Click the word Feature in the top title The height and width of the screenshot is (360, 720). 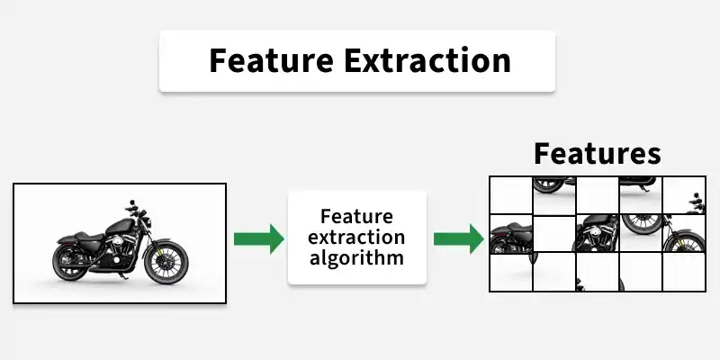click(271, 60)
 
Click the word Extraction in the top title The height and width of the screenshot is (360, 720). click(427, 60)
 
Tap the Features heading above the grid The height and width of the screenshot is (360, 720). click(598, 153)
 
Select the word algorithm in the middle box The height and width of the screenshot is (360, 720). click(356, 257)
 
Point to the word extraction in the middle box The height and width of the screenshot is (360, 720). click(356, 237)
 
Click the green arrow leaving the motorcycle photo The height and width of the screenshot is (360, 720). click(259, 238)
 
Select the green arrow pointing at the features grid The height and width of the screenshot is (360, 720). click(459, 238)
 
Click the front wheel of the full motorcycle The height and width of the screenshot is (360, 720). click(166, 261)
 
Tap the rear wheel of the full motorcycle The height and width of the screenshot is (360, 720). click(70, 262)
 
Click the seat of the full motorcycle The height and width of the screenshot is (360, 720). click(87, 237)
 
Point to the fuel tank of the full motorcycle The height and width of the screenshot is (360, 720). click(121, 226)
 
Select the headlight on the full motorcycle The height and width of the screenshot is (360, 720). click(148, 223)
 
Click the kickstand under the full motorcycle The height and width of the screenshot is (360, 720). click(122, 275)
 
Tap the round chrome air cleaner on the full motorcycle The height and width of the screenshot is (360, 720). click(118, 240)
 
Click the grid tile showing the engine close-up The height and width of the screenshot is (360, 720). click(598, 234)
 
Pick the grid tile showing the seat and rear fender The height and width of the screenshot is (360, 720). click(511, 234)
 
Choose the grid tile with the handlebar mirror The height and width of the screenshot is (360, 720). click(684, 195)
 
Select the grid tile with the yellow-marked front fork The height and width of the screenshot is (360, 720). click(684, 234)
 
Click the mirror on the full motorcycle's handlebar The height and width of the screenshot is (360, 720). click(132, 202)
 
